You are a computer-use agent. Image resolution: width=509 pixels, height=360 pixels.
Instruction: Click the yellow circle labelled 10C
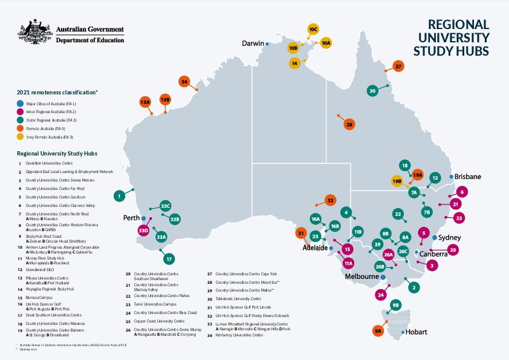pyautogui.click(x=313, y=29)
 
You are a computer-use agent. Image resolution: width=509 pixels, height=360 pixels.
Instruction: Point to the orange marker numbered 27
pyautogui.click(x=398, y=66)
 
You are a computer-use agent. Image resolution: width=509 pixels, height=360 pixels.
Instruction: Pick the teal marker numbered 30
pyautogui.click(x=372, y=90)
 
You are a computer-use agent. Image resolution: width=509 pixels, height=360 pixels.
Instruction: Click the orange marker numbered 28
pyautogui.click(x=349, y=125)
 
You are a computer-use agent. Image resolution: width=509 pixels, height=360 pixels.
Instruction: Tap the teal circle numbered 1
pyautogui.click(x=120, y=195)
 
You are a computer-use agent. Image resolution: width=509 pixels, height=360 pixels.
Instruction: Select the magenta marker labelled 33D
pyautogui.click(x=143, y=231)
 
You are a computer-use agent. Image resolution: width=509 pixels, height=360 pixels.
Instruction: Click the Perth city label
pyautogui.click(x=131, y=217)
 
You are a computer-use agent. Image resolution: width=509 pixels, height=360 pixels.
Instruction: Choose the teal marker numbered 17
pyautogui.click(x=169, y=259)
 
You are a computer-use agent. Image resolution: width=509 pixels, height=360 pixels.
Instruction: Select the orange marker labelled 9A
pyautogui.click(x=378, y=331)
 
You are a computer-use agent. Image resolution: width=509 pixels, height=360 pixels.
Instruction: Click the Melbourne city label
pyautogui.click(x=361, y=277)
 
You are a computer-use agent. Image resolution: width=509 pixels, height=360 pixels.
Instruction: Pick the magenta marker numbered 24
pyautogui.click(x=380, y=295)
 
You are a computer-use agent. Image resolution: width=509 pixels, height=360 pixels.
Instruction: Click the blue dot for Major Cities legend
pyautogui.click(x=21, y=104)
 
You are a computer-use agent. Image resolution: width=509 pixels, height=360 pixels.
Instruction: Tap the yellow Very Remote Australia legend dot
pyautogui.click(x=21, y=137)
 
